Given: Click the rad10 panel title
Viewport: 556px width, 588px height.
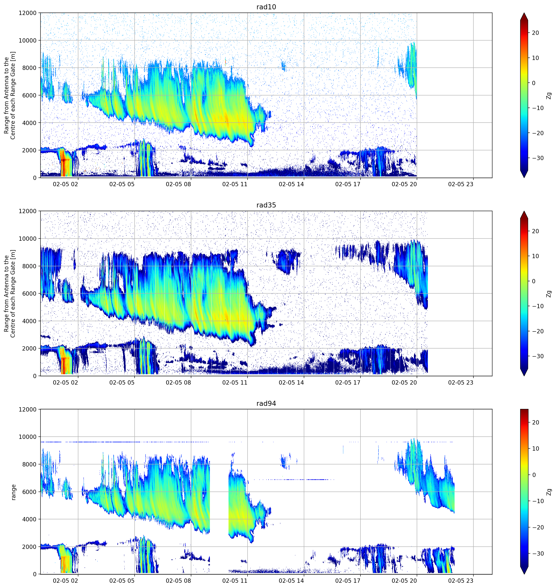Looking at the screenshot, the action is (266, 7).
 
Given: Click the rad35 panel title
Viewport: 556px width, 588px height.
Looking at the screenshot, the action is (266, 205).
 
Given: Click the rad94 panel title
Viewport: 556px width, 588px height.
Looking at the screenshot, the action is (266, 403).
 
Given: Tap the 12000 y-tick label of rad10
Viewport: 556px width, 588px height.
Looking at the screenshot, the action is (28, 13).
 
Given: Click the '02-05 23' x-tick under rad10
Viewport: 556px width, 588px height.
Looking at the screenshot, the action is (461, 184).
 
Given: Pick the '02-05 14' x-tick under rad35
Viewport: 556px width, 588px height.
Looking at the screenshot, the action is (291, 382).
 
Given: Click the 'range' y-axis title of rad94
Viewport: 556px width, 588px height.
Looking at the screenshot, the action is (13, 492).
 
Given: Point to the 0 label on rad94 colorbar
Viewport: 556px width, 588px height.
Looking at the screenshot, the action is (534, 475).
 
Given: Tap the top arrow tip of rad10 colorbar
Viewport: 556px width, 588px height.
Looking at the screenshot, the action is (524, 13).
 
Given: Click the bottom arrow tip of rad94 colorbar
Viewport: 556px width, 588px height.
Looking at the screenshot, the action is (524, 574).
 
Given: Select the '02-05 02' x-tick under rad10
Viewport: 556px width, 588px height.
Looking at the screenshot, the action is (66, 184).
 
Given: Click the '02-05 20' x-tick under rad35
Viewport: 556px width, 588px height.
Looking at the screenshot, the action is (404, 382).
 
